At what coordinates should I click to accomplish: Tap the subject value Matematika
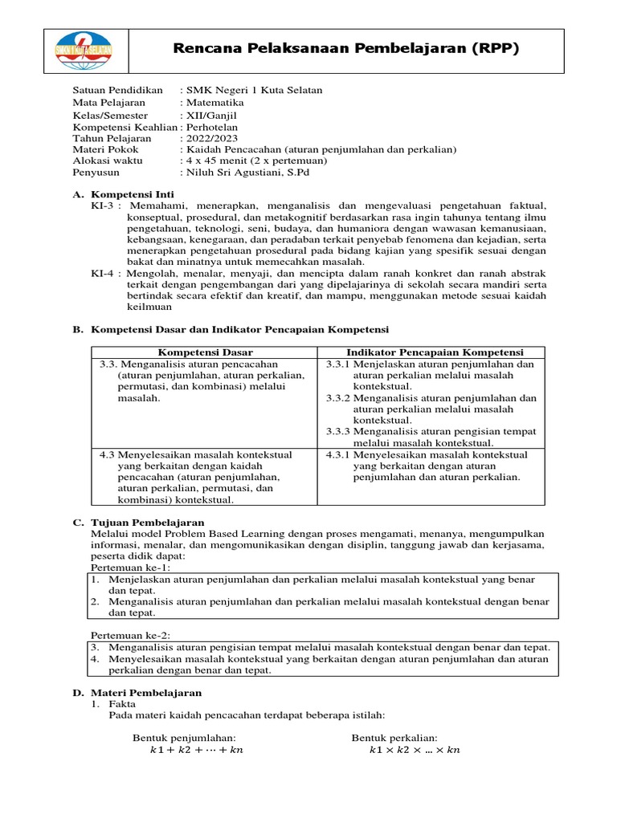(215, 102)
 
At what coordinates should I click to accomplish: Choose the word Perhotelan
(212, 126)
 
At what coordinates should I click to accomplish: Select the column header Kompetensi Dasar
(205, 352)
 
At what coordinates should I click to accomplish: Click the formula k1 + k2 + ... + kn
(196, 751)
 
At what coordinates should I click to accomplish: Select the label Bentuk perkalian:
(394, 738)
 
